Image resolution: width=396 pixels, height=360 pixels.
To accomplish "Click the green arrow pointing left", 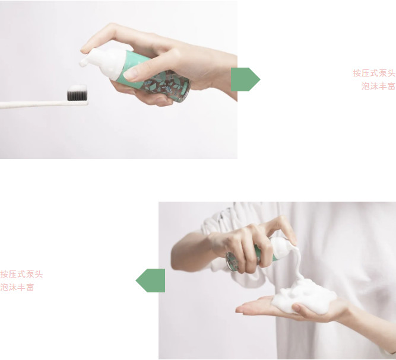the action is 151,281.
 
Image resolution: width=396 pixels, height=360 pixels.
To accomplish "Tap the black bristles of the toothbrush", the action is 77,95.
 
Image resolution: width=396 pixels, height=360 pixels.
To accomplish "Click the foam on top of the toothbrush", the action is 77,88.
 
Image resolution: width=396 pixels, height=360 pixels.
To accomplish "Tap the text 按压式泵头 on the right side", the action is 374,73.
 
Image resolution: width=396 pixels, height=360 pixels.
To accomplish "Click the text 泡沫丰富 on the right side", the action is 378,86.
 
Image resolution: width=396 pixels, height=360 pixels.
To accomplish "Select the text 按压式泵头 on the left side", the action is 21,274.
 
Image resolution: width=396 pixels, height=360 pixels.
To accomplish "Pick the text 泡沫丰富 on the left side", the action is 17,287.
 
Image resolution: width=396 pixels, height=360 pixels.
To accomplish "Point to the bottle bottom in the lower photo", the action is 232,262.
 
